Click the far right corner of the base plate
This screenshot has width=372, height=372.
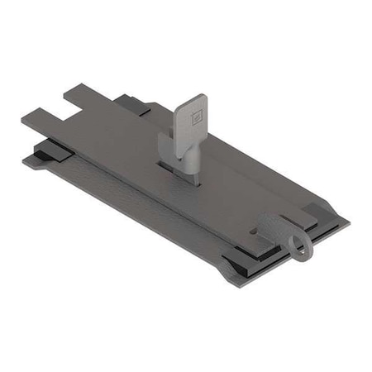(x=347, y=222)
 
